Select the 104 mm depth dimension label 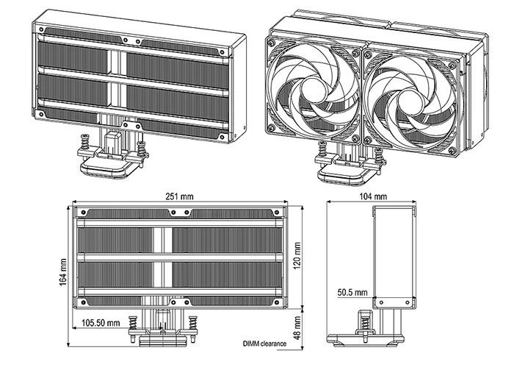374,197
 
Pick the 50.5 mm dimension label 352,292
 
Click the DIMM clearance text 264,343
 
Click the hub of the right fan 412,94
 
